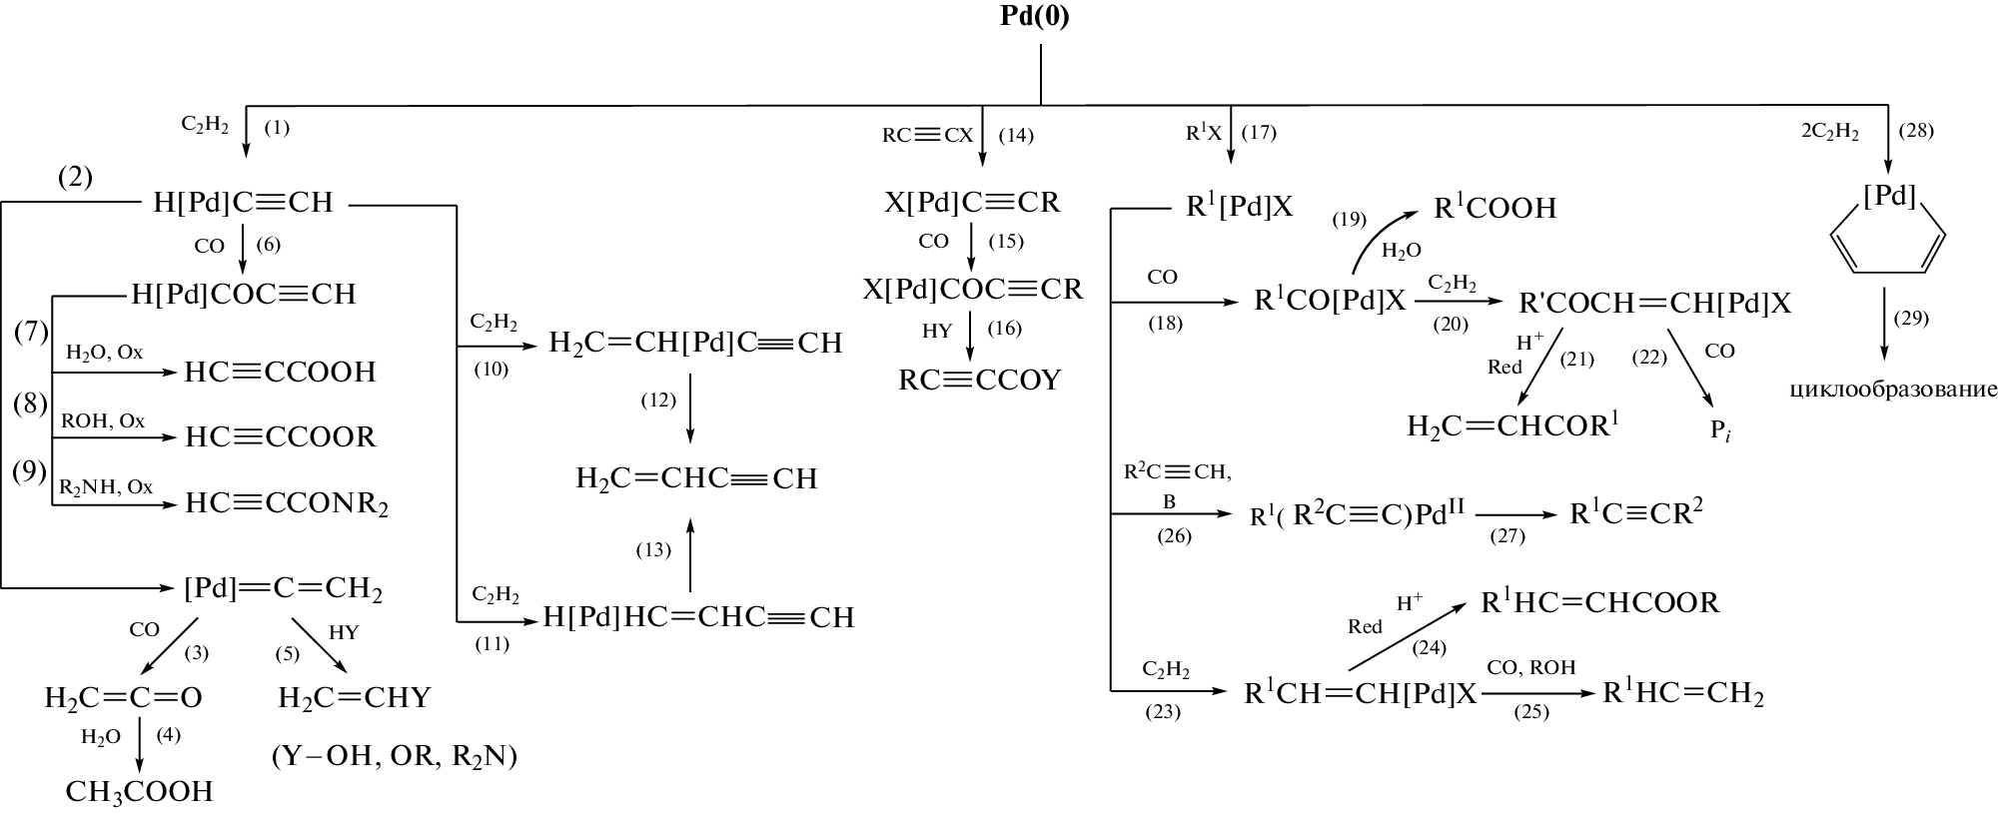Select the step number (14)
point(1016,135)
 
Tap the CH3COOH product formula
point(139,791)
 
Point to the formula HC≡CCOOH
point(280,373)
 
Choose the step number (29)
point(1911,319)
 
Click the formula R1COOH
point(1495,208)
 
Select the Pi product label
point(1718,431)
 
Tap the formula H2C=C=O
point(123,697)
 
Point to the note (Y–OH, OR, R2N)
point(394,756)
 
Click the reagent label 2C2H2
point(1829,132)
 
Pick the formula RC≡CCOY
point(979,380)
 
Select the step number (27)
point(1507,536)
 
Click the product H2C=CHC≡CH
point(696,478)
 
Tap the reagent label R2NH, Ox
point(106,487)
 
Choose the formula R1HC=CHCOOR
point(1599,602)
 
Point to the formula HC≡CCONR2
point(287,504)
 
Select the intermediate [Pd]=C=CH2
point(283,588)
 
